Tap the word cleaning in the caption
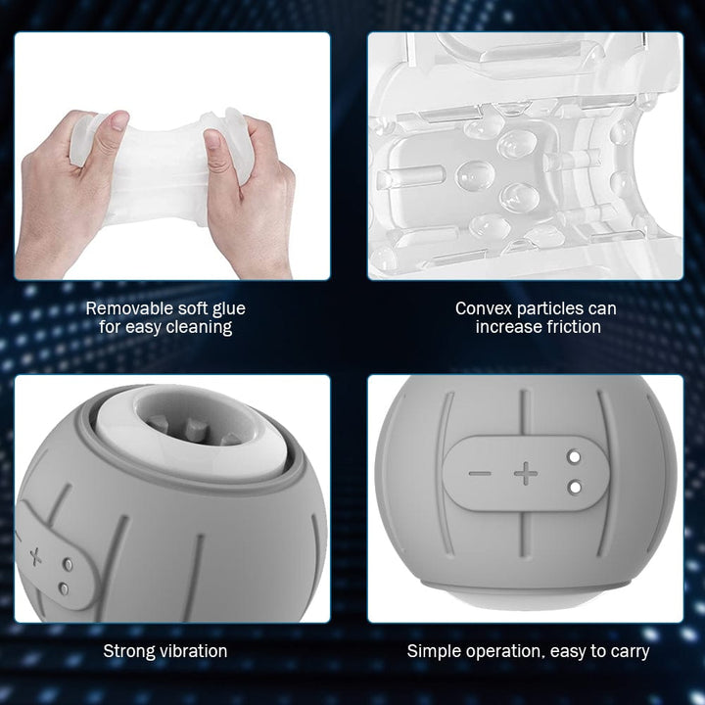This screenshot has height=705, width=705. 199,328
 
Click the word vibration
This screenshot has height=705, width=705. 193,651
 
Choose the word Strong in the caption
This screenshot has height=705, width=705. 129,651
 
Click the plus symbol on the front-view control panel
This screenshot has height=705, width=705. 526,473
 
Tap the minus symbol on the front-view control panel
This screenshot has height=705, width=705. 480,474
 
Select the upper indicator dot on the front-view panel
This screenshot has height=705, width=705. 574,457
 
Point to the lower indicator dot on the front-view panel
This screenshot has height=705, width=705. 574,487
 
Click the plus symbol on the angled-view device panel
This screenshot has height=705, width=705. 35,557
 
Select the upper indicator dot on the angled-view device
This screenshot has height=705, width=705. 68,564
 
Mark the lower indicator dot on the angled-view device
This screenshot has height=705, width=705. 64,588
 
